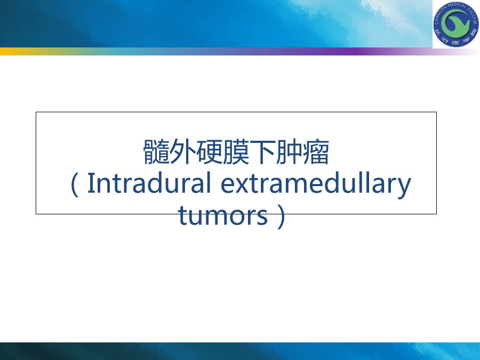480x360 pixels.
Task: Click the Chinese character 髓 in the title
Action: pos(156,152)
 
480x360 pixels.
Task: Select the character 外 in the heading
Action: pos(183,152)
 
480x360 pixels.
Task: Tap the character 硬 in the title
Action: pos(210,152)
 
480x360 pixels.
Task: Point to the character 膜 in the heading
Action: pos(236,152)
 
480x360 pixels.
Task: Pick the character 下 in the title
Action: pos(262,152)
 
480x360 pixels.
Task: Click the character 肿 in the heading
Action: pos(289,152)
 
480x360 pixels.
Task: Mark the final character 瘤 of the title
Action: pos(316,152)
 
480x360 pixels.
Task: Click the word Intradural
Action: pos(149,183)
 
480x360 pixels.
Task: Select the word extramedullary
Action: pos(316,185)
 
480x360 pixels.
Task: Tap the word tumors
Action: pos(223,215)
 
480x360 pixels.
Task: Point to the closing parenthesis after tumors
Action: pos(281,217)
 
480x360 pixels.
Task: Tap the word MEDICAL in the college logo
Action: pos(457,5)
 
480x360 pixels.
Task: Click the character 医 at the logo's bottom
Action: pos(456,42)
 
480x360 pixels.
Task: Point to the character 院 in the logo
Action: pos(475,32)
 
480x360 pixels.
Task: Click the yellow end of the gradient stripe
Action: pos(4,51)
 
